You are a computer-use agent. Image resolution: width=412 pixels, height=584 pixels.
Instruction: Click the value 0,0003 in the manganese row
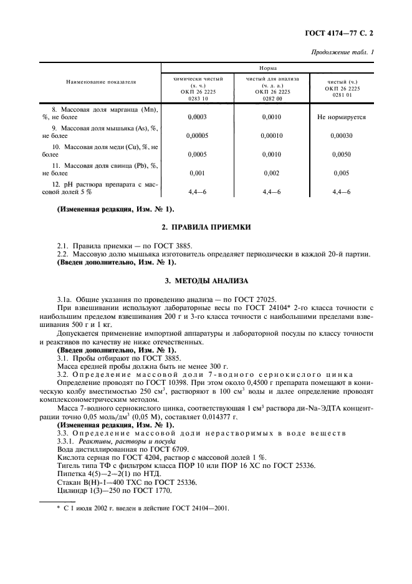click(198, 117)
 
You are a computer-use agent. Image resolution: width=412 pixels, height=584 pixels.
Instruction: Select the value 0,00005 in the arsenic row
click(198, 135)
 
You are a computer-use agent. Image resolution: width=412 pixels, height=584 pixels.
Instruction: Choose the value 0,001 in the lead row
click(198, 172)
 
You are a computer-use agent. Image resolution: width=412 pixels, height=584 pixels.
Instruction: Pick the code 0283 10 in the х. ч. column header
click(198, 97)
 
